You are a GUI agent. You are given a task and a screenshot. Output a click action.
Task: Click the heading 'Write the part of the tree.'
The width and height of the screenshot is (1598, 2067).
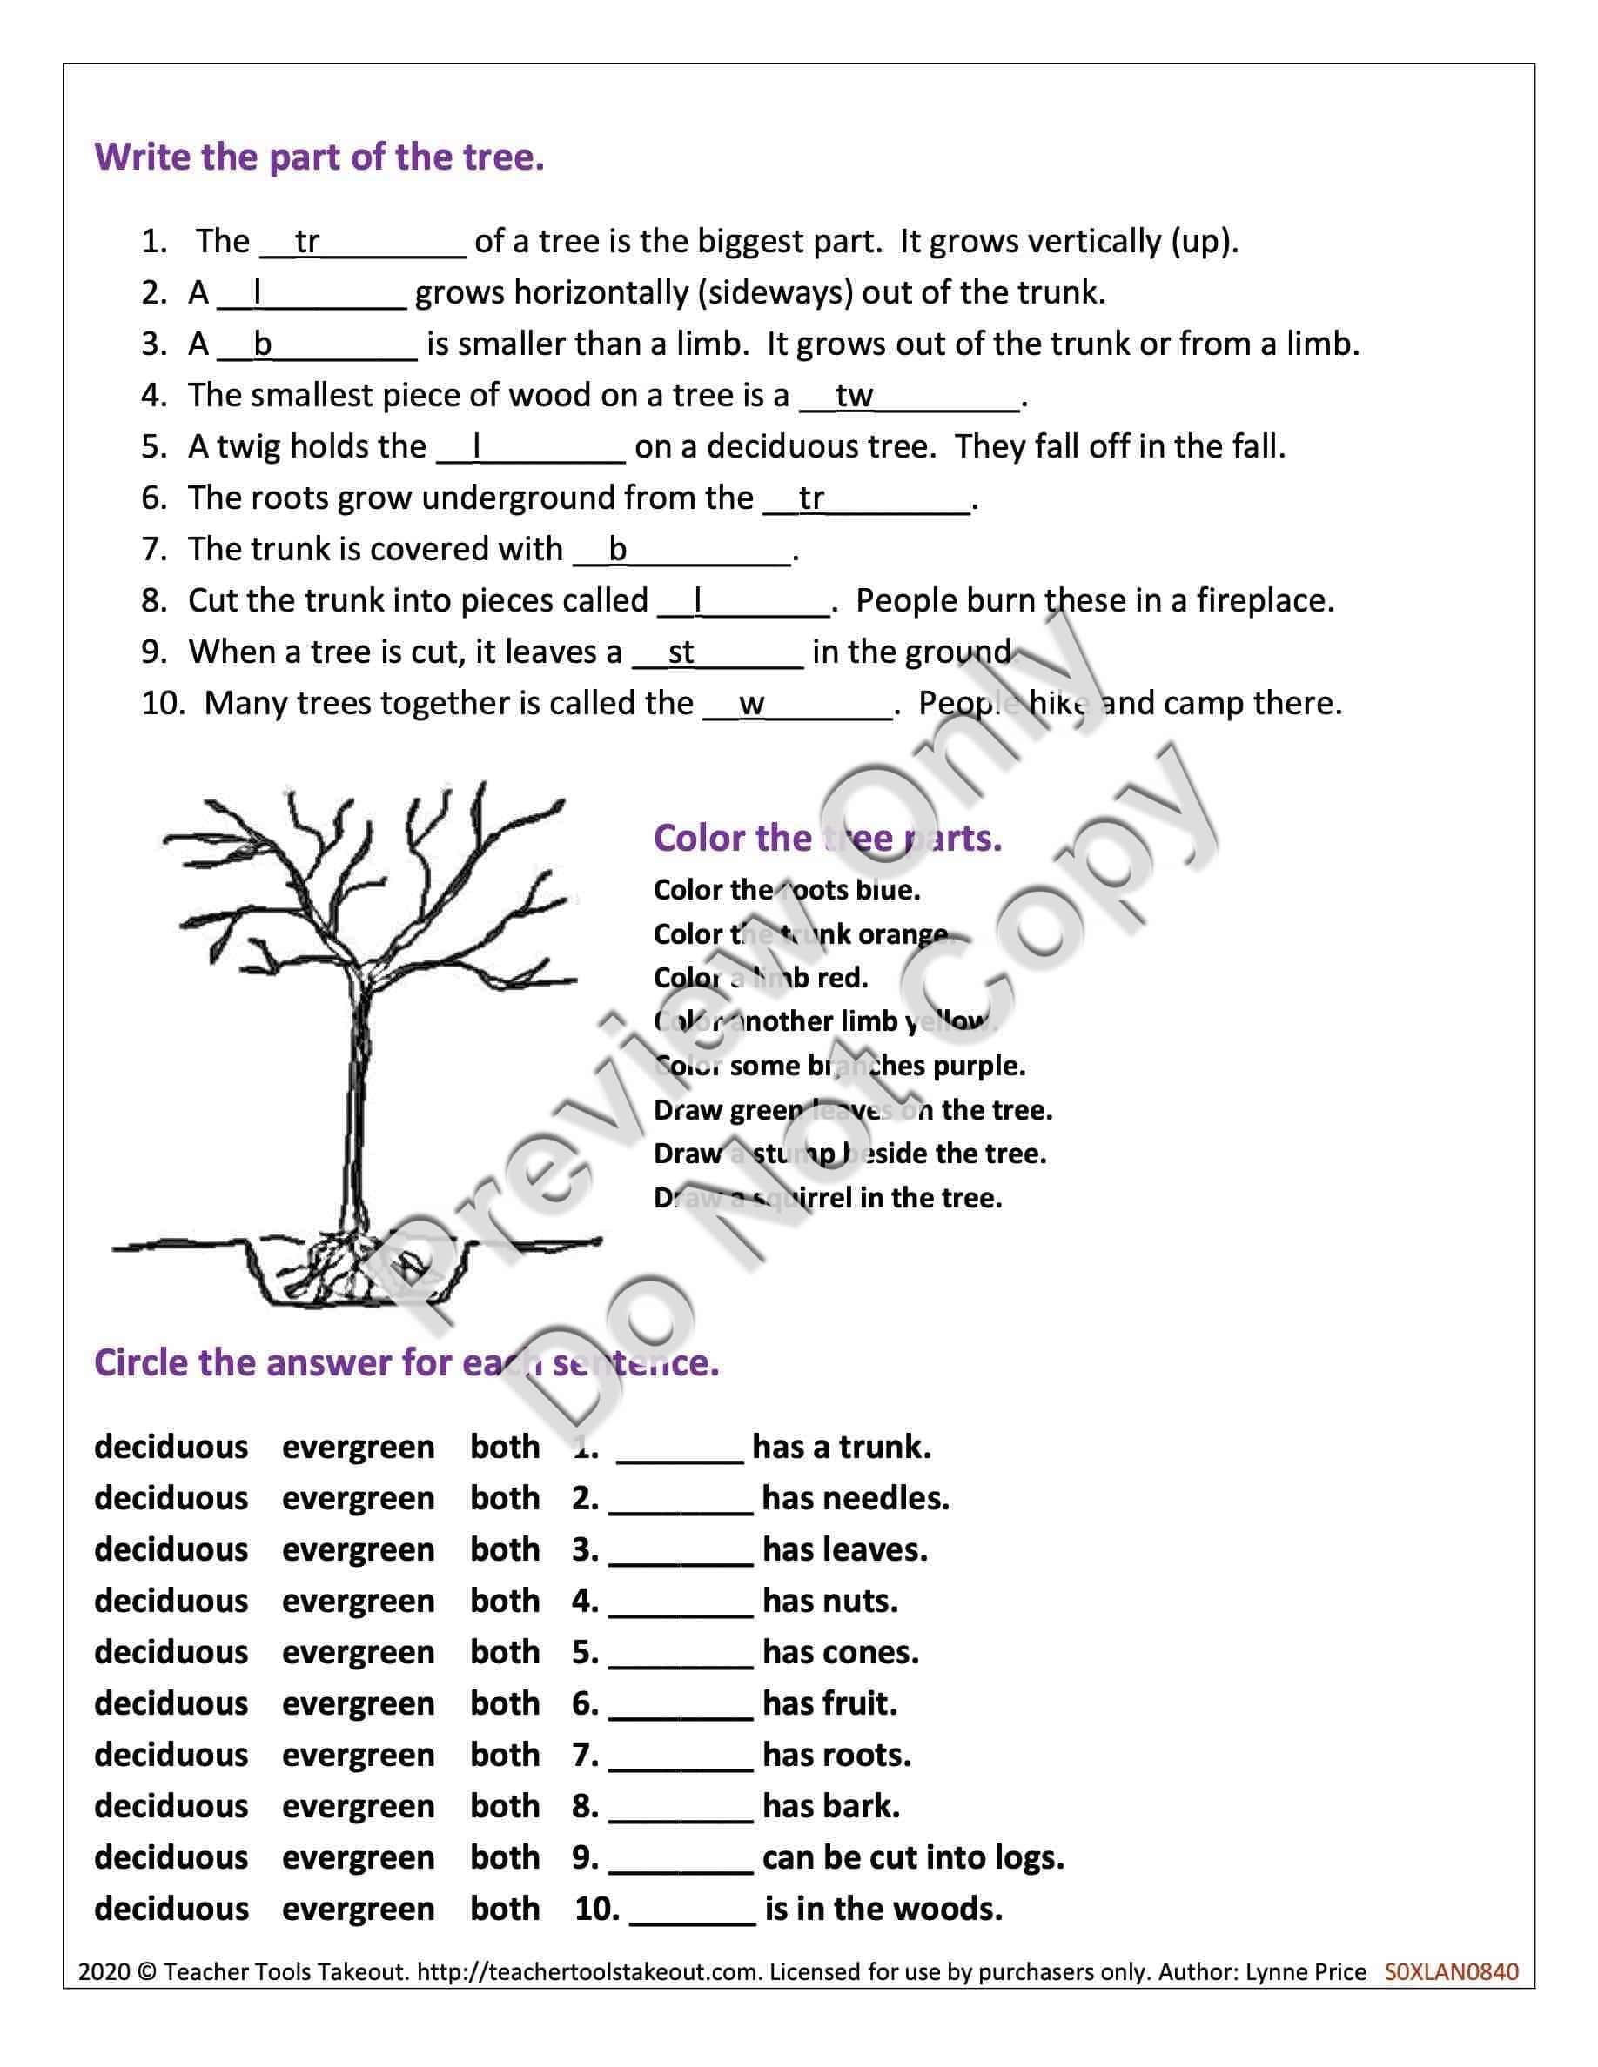(x=319, y=157)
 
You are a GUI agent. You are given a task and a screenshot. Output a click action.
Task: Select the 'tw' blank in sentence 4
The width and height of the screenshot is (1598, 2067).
(x=909, y=397)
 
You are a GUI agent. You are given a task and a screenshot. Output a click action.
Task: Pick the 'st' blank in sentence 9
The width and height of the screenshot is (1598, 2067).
(x=716, y=653)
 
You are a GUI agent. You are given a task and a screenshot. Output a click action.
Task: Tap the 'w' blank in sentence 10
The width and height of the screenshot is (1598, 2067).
(x=797, y=704)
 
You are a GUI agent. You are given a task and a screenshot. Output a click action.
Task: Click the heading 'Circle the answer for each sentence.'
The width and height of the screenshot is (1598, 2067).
(x=406, y=1364)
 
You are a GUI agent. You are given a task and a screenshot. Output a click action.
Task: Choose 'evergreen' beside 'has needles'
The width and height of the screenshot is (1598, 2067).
(x=358, y=1499)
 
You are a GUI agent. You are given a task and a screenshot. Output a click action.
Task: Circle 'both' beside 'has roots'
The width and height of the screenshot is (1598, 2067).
(x=505, y=1756)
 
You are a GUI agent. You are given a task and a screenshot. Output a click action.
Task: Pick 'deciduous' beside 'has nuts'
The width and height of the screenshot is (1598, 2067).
(x=171, y=1602)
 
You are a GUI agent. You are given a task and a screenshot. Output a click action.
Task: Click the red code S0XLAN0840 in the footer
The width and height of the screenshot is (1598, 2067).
(x=1450, y=1972)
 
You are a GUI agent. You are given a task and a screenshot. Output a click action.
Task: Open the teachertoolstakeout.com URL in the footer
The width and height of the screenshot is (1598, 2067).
(x=587, y=1972)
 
